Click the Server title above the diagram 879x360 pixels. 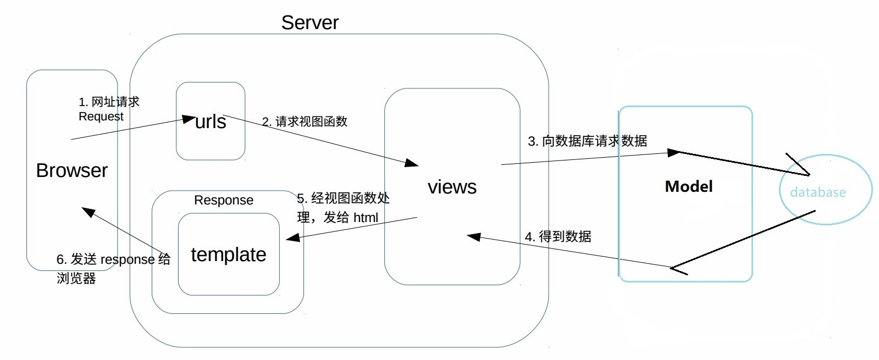(309, 23)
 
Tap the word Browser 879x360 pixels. (71, 170)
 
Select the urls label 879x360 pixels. (211, 121)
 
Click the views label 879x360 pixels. (452, 187)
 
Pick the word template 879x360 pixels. (229, 254)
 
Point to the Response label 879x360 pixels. (224, 200)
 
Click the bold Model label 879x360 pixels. (689, 186)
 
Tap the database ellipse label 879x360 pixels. (817, 192)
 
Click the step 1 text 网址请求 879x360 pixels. (115, 102)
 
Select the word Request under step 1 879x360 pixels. (101, 117)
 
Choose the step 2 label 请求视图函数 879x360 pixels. (311, 121)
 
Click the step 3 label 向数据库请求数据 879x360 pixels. (594, 141)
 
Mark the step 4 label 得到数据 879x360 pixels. (565, 237)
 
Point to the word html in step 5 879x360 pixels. (366, 218)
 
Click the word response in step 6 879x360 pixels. (128, 259)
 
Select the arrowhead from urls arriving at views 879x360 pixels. (412, 163)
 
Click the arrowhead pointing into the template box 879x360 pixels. (293, 237)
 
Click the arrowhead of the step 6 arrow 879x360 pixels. (88, 212)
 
